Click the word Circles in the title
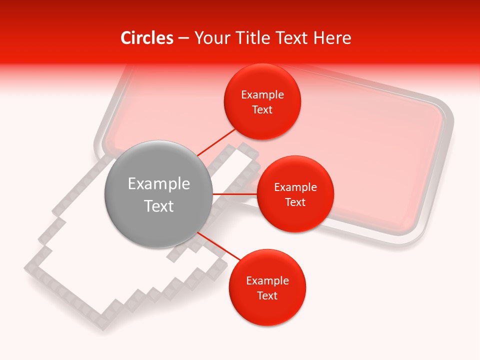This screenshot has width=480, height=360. (146, 38)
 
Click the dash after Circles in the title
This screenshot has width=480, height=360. (183, 38)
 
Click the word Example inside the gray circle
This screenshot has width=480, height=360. (158, 184)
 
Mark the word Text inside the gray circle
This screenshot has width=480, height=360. (158, 206)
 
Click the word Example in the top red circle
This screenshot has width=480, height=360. (262, 95)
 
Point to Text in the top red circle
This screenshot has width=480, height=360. (262, 110)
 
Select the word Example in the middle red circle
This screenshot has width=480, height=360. (295, 187)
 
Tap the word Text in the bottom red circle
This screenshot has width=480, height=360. (267, 296)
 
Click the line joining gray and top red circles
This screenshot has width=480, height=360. (216, 142)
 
